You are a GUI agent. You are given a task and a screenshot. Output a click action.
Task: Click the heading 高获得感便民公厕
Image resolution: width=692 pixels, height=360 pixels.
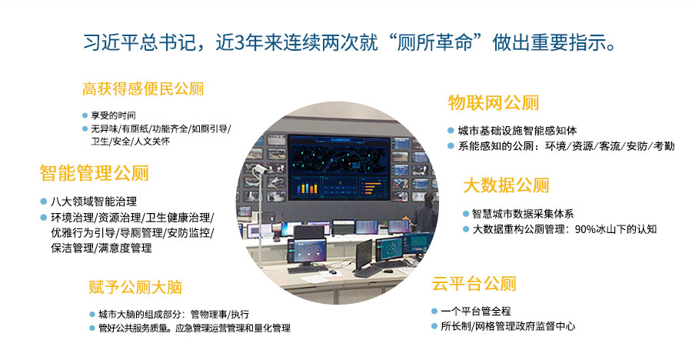tap(143, 88)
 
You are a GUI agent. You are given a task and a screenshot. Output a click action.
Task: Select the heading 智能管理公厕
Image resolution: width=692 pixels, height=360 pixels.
tap(94, 173)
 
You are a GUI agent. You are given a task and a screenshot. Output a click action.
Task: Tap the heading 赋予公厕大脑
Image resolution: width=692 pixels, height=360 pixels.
tap(135, 287)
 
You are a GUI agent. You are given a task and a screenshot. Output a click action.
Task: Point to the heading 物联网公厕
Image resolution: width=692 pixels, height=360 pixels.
tap(494, 103)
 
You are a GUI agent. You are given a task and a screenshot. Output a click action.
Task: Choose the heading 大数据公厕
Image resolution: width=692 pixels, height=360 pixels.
tap(506, 185)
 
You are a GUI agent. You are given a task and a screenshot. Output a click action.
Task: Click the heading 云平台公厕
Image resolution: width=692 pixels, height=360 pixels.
tap(474, 284)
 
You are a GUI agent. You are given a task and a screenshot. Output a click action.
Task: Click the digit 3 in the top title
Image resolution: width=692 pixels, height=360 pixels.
tap(240, 43)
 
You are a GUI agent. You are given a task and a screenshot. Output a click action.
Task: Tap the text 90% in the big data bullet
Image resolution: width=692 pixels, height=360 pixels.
tap(584, 229)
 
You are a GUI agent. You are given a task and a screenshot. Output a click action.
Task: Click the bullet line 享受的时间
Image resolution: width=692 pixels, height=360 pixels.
tap(114, 115)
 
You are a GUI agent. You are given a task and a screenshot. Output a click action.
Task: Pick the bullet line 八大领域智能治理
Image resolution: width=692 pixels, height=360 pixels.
tap(94, 202)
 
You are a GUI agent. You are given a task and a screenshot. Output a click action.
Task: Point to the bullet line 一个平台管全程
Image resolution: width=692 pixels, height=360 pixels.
tap(476, 312)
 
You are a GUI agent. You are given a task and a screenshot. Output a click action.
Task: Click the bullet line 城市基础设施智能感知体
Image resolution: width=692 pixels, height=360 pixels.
tap(517, 131)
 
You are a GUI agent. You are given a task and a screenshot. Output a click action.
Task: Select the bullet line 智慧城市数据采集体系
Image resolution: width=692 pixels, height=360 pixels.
tap(523, 214)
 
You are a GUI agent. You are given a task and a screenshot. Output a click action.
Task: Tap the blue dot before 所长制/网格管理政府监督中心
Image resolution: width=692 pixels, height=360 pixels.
tap(434, 326)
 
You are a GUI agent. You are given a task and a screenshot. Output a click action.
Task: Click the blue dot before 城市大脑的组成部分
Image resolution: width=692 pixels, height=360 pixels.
tap(92, 315)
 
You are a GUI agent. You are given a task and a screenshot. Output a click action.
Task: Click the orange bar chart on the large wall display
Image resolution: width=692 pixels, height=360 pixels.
tap(307, 188)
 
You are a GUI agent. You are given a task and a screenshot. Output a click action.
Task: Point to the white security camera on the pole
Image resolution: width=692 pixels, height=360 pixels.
tap(258, 169)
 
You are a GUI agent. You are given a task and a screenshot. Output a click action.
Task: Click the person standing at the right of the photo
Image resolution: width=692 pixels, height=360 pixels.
tap(427, 215)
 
